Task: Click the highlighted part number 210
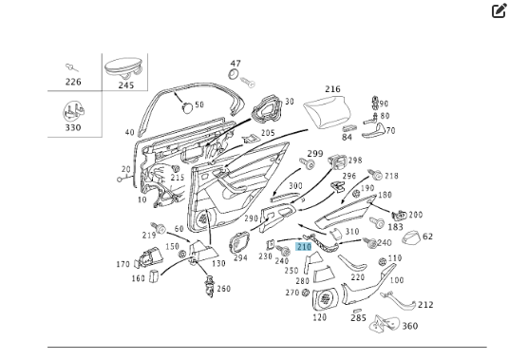(x=304, y=247)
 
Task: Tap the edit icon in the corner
(x=499, y=10)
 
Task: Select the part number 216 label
(x=332, y=89)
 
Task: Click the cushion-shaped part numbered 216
(x=328, y=111)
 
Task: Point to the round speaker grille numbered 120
(x=326, y=298)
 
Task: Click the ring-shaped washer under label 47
(x=234, y=74)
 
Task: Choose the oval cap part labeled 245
(x=123, y=68)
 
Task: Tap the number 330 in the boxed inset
(x=73, y=127)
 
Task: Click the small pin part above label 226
(x=72, y=67)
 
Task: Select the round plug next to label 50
(x=187, y=107)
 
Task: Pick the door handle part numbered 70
(x=373, y=131)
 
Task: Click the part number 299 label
(x=315, y=153)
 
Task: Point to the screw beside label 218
(x=375, y=175)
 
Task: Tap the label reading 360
(x=410, y=326)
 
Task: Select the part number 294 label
(x=240, y=258)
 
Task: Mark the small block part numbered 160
(x=154, y=276)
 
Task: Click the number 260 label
(x=224, y=289)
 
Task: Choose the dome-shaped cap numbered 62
(x=410, y=238)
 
